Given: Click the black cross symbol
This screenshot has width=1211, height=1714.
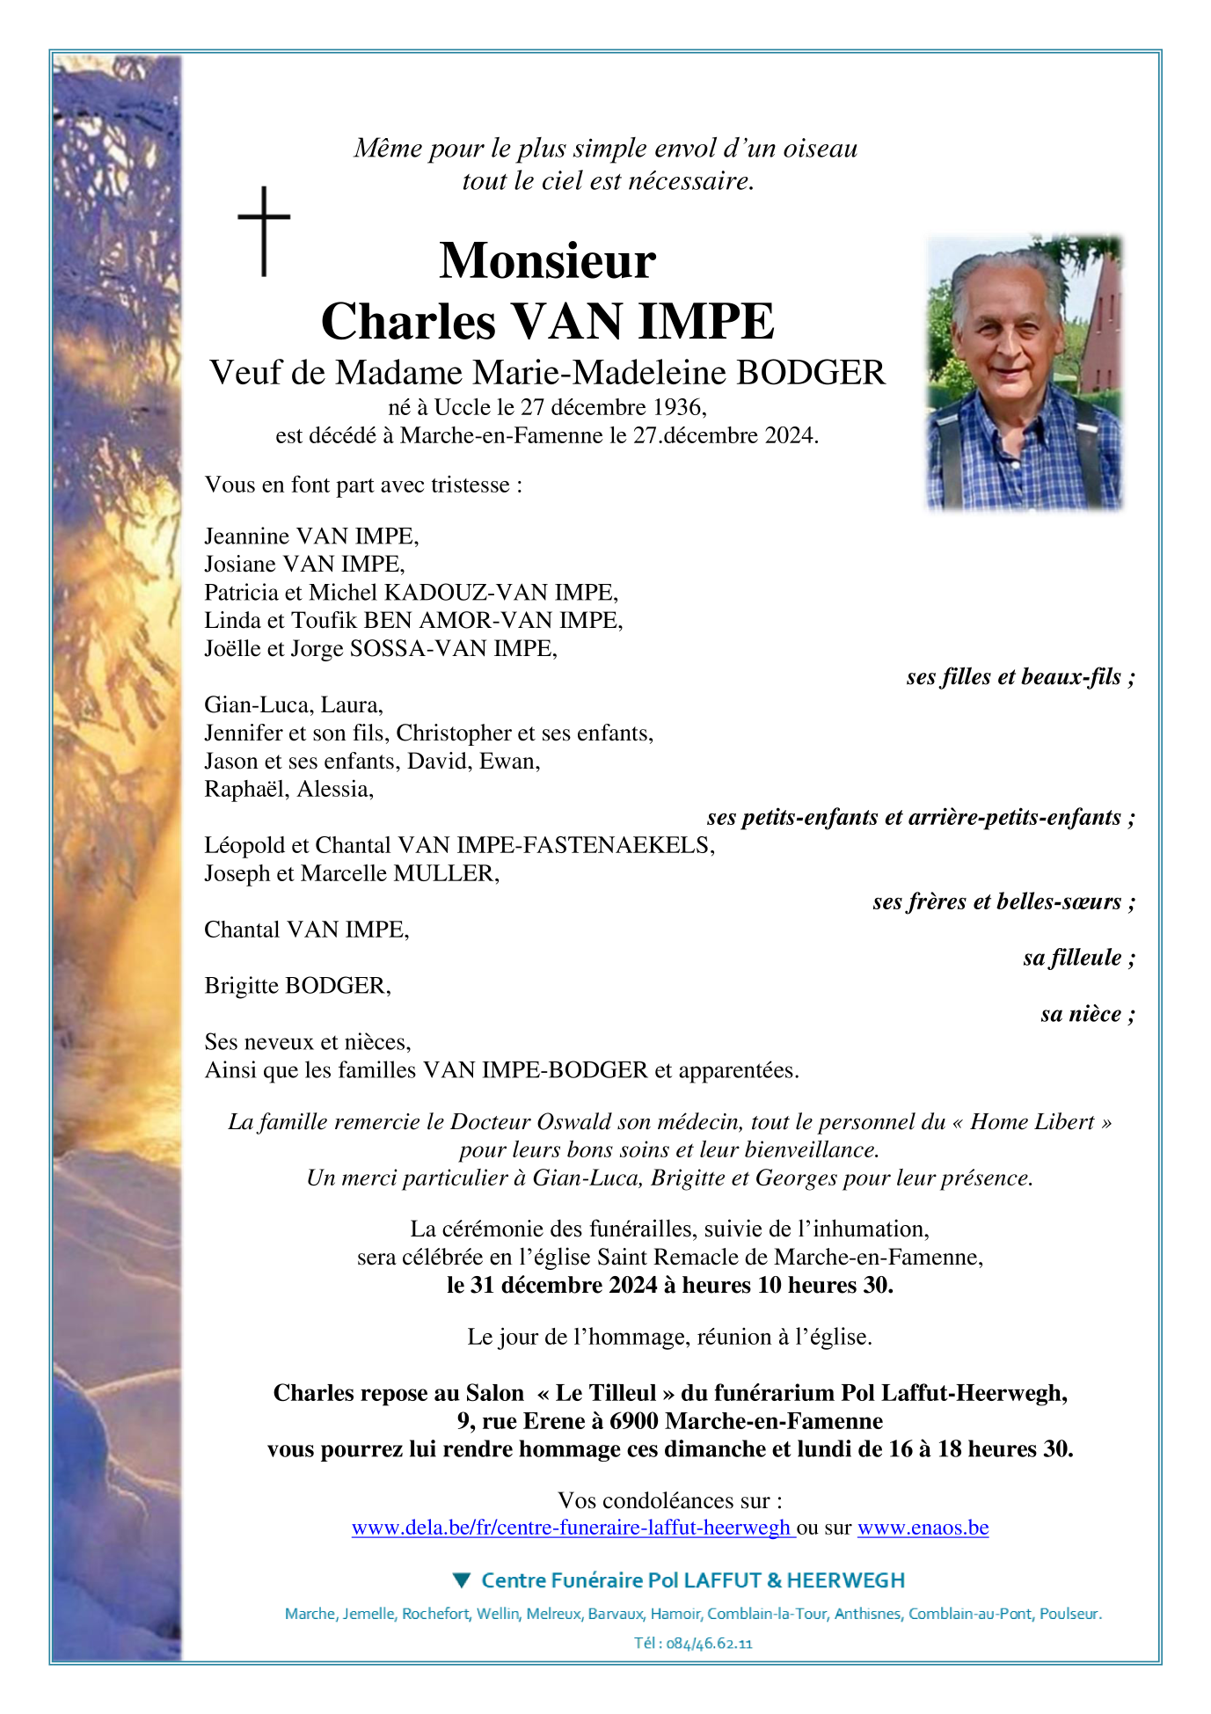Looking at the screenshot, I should pyautogui.click(x=264, y=230).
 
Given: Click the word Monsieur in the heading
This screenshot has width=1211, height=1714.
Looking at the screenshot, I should pyautogui.click(x=547, y=261).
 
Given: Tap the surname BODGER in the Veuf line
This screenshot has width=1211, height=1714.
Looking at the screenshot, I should pyautogui.click(x=810, y=373).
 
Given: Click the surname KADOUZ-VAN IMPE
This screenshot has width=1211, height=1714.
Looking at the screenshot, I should pyautogui.click(x=500, y=592).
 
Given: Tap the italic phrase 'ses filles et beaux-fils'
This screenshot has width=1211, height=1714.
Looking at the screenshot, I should pyautogui.click(x=1013, y=676).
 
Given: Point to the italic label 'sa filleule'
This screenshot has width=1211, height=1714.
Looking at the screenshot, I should pyautogui.click(x=1072, y=958).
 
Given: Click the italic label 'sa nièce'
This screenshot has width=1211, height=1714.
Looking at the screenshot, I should pyautogui.click(x=1081, y=1014).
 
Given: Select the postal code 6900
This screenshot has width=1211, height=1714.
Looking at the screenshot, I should pyautogui.click(x=634, y=1421).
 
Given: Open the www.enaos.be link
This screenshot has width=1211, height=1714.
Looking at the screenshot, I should pyautogui.click(x=923, y=1528).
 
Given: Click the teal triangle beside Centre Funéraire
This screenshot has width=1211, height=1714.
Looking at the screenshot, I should pyautogui.click(x=462, y=1580).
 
